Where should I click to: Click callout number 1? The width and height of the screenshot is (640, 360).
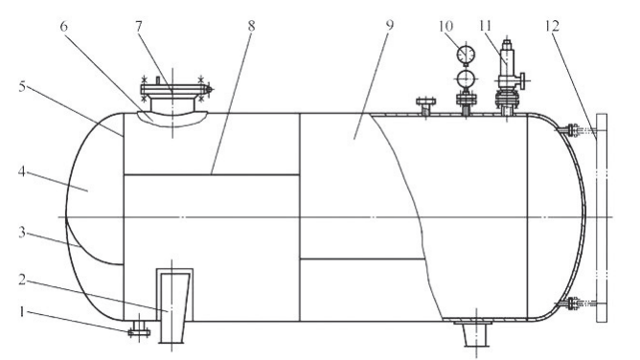pyautogui.click(x=22, y=312)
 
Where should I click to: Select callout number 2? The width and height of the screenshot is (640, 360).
pyautogui.click(x=22, y=280)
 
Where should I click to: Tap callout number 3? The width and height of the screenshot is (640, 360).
pyautogui.click(x=22, y=233)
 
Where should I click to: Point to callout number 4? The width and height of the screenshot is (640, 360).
pyautogui.click(x=22, y=171)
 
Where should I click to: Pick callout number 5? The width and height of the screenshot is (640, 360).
pyautogui.click(x=22, y=86)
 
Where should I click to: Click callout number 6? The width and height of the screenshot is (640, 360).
pyautogui.click(x=63, y=27)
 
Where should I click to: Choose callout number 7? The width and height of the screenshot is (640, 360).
pyautogui.click(x=139, y=27)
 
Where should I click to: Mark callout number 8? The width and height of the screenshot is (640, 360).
pyautogui.click(x=251, y=26)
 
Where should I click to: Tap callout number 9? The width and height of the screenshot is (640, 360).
pyautogui.click(x=390, y=25)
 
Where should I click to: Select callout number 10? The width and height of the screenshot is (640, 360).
pyautogui.click(x=446, y=26)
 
